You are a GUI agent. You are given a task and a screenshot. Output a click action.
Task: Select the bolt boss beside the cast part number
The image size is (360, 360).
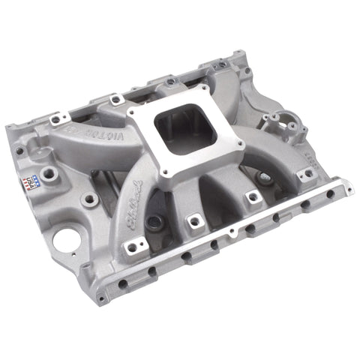coord(307,173)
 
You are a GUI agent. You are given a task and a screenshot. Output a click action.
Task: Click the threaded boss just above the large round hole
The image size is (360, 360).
coord(89,199)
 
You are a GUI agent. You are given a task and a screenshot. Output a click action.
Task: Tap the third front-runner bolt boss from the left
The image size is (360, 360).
coord(251,197)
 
